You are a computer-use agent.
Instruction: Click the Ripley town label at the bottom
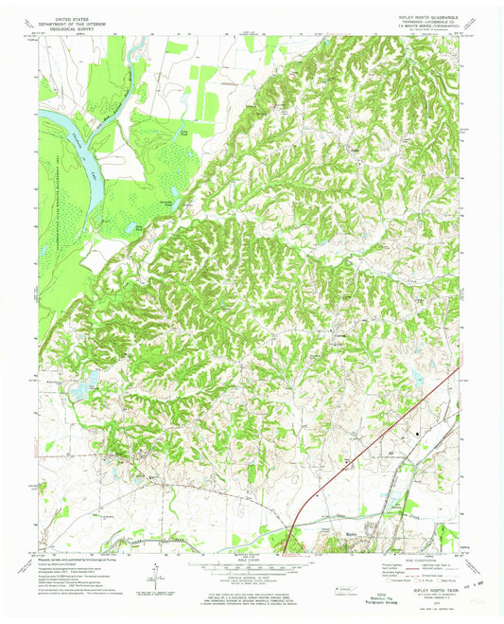pyautogui.click(x=347, y=547)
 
